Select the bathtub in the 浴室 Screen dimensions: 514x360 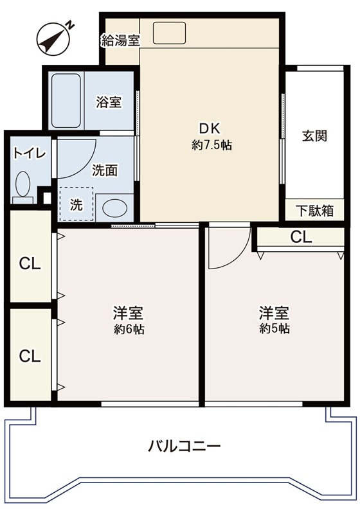(66, 101)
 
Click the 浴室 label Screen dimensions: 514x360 (109, 102)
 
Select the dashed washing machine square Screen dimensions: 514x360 (76, 204)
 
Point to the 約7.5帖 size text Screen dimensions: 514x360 (212, 145)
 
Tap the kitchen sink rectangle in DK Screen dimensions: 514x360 (169, 32)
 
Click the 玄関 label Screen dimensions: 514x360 (315, 136)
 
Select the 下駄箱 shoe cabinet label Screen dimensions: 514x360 (315, 210)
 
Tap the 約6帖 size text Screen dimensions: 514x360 (128, 330)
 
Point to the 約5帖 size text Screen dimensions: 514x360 (274, 329)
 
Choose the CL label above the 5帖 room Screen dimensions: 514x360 (301, 236)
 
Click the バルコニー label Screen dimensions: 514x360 (184, 445)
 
